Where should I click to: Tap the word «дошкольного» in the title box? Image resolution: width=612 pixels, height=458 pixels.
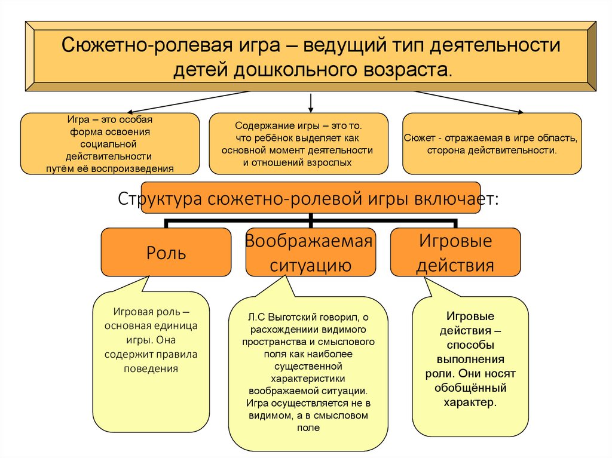tap(299, 69)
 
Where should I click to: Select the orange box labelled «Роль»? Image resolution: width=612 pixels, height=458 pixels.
tap(166, 253)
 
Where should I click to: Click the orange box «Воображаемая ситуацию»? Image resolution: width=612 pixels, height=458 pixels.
tap(310, 253)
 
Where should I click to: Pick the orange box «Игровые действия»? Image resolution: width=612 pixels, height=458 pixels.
tap(455, 253)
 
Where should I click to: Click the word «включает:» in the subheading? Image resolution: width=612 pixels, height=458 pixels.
tap(460, 199)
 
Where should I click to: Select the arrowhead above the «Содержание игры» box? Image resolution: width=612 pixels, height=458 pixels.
tap(311, 109)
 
